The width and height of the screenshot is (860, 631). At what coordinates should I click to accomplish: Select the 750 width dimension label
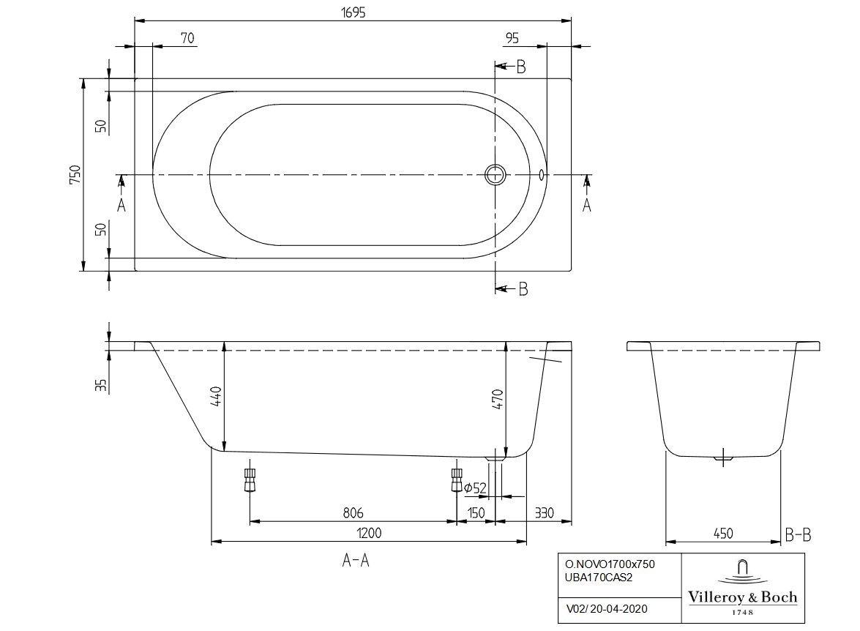[75, 174]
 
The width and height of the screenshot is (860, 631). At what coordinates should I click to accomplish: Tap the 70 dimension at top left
[187, 38]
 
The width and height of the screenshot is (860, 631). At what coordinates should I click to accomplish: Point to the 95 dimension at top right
[512, 38]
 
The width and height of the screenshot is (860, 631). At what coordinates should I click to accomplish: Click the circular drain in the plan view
[496, 175]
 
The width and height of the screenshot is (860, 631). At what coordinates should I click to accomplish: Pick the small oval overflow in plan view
[542, 175]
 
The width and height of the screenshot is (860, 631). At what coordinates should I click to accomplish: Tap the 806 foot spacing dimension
[354, 512]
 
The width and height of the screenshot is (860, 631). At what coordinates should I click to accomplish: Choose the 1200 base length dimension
[369, 532]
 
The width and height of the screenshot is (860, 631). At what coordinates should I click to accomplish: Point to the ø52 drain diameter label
[476, 488]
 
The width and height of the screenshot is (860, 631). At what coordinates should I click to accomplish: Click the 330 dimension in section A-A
[544, 513]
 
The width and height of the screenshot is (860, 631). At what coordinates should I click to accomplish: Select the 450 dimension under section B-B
[723, 533]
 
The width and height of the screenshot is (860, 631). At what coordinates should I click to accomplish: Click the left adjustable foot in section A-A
[250, 480]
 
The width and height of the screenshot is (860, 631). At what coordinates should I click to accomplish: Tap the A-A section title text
[356, 560]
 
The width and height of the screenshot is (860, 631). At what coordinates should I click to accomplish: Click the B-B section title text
[798, 534]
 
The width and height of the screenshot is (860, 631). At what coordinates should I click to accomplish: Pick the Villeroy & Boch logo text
[743, 597]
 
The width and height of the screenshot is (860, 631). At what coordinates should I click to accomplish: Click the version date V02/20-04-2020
[606, 608]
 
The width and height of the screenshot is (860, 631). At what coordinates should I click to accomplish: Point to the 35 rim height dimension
[100, 385]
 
